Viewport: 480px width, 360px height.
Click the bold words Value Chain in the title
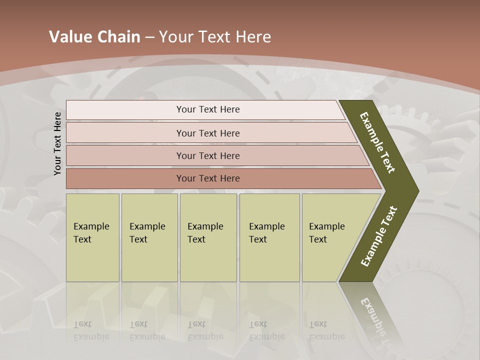(x=94, y=37)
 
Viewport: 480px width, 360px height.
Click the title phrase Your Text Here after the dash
(x=215, y=37)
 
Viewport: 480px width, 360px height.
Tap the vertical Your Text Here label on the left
(x=57, y=143)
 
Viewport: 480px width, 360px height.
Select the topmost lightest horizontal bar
(x=125, y=110)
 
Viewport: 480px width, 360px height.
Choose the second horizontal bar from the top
(x=125, y=133)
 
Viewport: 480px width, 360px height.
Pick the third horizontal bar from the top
(x=125, y=155)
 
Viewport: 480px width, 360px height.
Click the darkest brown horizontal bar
(x=125, y=178)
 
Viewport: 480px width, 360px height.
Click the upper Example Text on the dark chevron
(x=377, y=142)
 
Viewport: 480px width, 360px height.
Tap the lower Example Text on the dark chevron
(x=379, y=236)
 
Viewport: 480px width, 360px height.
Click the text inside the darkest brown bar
(x=208, y=178)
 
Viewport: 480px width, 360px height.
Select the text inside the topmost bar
(x=208, y=109)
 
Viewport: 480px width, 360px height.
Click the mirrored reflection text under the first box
(x=91, y=330)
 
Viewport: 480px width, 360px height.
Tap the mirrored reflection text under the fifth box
(x=326, y=330)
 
